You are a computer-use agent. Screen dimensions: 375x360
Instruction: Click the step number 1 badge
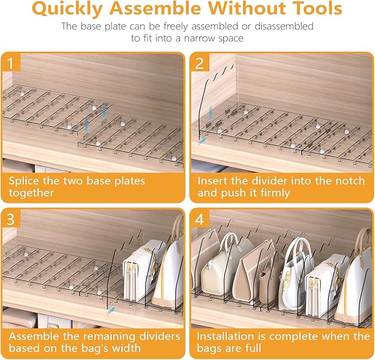10,62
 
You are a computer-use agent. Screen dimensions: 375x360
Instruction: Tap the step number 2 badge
199,62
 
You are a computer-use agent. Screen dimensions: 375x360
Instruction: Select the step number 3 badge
10,218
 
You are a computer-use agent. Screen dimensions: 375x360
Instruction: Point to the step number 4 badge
200,218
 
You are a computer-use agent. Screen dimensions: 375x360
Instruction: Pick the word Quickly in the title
67,9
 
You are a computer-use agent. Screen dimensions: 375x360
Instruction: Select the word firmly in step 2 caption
275,193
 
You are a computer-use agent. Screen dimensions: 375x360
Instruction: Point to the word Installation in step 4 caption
225,336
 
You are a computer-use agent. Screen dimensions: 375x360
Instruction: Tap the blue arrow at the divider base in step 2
202,141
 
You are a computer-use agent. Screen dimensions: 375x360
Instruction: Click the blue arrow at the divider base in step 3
111,311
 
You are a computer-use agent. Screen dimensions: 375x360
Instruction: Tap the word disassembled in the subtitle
284,27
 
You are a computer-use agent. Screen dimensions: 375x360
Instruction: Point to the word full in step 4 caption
253,348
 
